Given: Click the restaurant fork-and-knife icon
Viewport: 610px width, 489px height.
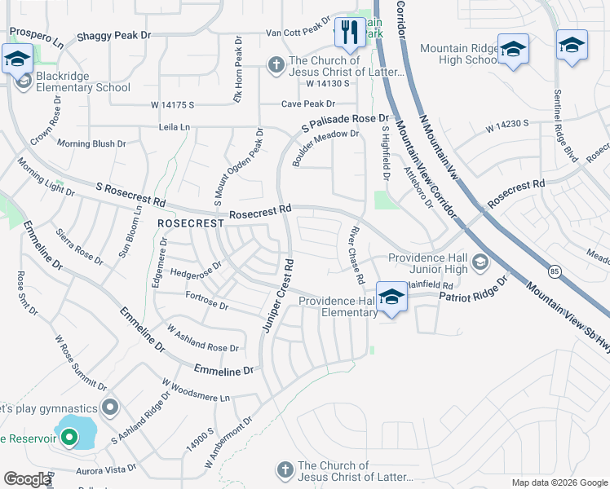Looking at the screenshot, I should pos(350,33).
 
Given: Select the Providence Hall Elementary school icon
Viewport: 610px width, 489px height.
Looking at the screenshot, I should pos(391,297).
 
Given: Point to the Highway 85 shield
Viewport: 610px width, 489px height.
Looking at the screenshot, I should pos(554,270).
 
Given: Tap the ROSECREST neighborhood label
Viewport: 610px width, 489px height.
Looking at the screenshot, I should pos(190,222).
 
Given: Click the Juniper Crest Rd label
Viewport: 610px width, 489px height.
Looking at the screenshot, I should pos(276,296).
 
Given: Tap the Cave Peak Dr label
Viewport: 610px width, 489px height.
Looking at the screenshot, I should pos(308,104).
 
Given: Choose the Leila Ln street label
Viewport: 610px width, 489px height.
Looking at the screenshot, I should pos(174,128).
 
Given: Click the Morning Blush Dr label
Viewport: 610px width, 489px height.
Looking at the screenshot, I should pos(91,143).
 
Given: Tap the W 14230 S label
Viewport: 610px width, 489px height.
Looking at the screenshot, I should pos(508,125).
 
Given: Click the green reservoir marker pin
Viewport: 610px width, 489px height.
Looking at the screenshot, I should pos(69,438).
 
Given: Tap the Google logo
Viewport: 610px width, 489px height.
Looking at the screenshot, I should pos(27,479).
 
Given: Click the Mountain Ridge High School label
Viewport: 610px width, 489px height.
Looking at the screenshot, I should pos(458,55).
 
